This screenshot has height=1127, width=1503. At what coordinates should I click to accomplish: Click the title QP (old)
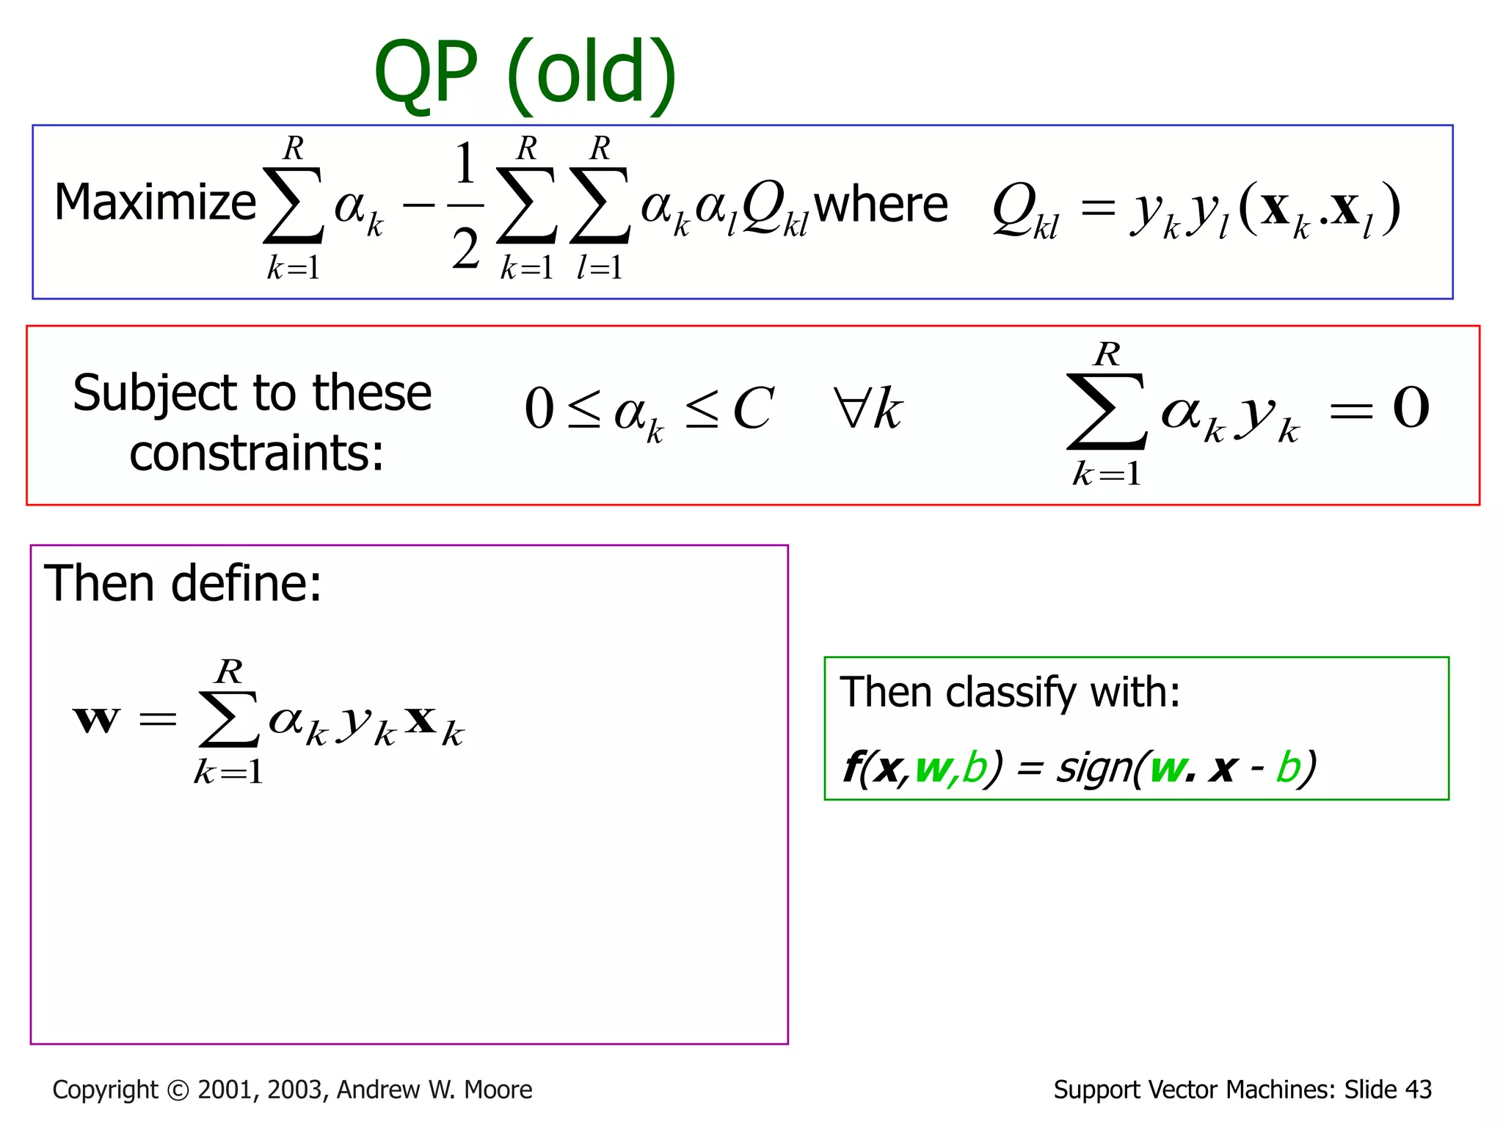pos(524,73)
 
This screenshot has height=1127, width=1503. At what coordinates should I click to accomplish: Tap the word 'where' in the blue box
pos(881,205)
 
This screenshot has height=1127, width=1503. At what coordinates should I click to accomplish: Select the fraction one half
pos(465,206)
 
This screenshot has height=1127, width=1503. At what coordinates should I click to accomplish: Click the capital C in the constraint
pos(753,409)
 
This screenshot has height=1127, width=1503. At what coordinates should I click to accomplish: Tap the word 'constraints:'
pos(256,453)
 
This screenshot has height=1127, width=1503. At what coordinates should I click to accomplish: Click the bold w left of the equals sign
pos(96,718)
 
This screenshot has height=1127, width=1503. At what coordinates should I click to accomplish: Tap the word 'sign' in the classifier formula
pos(1093,768)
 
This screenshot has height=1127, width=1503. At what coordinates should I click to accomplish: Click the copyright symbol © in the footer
pos(178,1090)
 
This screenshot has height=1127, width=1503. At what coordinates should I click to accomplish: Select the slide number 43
pos(1418,1090)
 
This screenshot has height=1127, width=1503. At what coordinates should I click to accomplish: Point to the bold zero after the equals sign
pos(1411,408)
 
